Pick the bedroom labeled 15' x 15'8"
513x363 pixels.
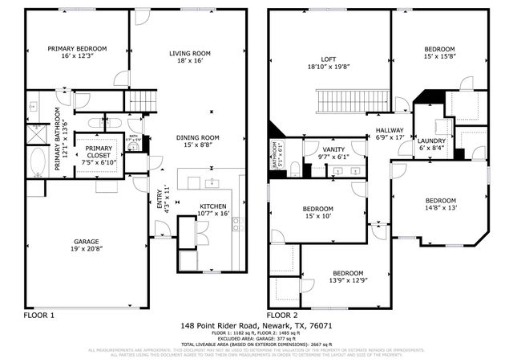(439, 53)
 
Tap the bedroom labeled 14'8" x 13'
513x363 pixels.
(441, 204)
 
